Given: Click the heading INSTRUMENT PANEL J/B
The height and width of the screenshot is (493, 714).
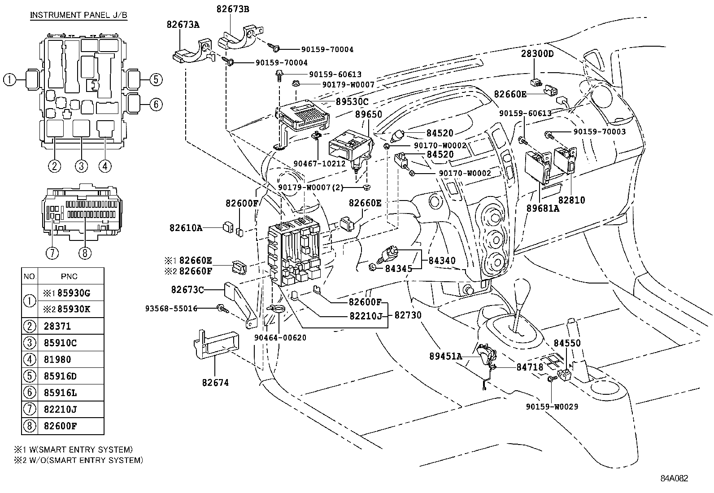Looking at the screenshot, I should [78, 15].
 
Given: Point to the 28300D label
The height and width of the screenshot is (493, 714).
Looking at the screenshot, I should [537, 54].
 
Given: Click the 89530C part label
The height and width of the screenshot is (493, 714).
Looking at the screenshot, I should [352, 102].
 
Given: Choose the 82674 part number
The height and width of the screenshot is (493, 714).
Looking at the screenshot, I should [215, 383].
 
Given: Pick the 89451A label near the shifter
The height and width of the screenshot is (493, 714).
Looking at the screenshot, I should [445, 356].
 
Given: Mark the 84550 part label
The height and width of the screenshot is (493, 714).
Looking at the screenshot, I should [567, 343].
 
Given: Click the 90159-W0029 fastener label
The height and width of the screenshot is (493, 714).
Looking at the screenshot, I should [552, 407].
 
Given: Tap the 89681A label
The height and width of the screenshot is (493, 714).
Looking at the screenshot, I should [543, 208].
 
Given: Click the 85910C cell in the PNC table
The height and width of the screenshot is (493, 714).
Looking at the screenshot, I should [61, 343].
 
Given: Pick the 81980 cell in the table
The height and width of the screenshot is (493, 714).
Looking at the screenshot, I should [57, 360].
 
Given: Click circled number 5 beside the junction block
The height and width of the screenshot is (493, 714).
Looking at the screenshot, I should [155, 80].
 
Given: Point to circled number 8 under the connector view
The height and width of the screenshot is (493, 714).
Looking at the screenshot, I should [84, 253].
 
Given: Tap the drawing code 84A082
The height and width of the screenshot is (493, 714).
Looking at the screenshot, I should [674, 478].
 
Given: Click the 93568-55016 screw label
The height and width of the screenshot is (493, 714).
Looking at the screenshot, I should [171, 309].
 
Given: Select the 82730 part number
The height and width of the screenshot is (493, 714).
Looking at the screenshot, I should [408, 315].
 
